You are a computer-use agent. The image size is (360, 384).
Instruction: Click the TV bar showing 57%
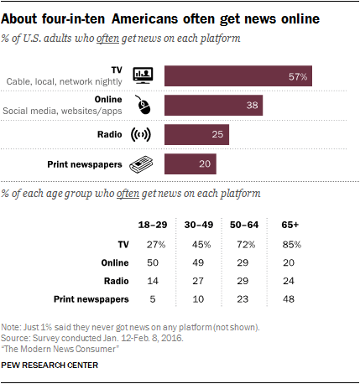click(x=238, y=76)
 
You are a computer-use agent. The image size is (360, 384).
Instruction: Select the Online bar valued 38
click(x=213, y=106)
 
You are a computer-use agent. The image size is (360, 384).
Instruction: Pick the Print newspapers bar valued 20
click(x=190, y=164)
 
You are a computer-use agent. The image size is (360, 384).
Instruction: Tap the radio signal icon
click(x=141, y=135)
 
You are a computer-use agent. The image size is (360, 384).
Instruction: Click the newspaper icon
click(x=142, y=164)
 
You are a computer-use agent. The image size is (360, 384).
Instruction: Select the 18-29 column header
click(x=153, y=226)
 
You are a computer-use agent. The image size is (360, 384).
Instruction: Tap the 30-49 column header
click(x=198, y=226)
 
